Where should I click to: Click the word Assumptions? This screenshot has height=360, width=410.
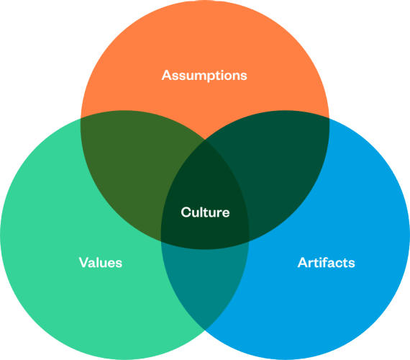pos(204,76)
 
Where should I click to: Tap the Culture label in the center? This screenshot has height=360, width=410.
pos(205,212)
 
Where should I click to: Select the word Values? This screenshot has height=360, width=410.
pos(101,262)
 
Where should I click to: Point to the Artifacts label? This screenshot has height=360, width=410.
pos(327,262)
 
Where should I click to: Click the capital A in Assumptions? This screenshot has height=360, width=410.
pos(167,75)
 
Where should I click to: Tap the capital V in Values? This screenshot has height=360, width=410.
pos(84,262)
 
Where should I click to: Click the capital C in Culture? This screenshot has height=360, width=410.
pos(186,212)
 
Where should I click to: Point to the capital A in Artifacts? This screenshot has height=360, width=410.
pos(303,262)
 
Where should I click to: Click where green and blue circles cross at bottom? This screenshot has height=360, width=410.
pos(205,330)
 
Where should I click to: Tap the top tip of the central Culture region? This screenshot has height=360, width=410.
pos(205,140)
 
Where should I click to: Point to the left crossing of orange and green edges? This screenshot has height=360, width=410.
pos(81,118)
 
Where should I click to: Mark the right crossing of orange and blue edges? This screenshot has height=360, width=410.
pos(329,118)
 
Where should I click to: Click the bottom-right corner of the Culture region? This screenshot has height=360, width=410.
pos(249,241)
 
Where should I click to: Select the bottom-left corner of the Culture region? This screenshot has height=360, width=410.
pos(161,241)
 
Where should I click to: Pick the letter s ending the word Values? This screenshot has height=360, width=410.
pos(119,264)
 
